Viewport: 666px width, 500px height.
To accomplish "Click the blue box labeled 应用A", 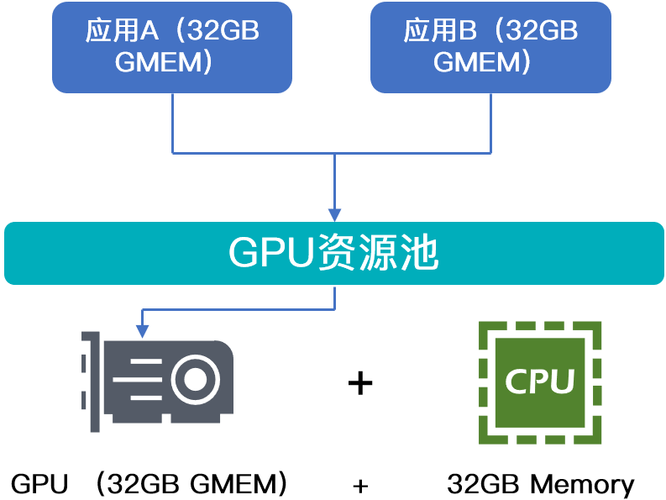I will (172, 47).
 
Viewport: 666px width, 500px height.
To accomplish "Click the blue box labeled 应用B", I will (490, 47).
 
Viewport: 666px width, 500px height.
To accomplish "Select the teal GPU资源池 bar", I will (333, 253).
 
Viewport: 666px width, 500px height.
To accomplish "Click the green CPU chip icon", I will (540, 382).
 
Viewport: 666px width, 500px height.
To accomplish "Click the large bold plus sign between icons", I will (359, 383).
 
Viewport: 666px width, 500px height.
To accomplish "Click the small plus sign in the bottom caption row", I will (360, 486).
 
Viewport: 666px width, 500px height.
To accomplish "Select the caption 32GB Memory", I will (540, 485).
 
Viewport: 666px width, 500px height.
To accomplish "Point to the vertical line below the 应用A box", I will (172, 122).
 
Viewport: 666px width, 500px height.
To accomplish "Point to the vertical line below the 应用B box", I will (490, 122).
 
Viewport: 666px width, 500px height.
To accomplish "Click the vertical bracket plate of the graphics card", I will (92, 381).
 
